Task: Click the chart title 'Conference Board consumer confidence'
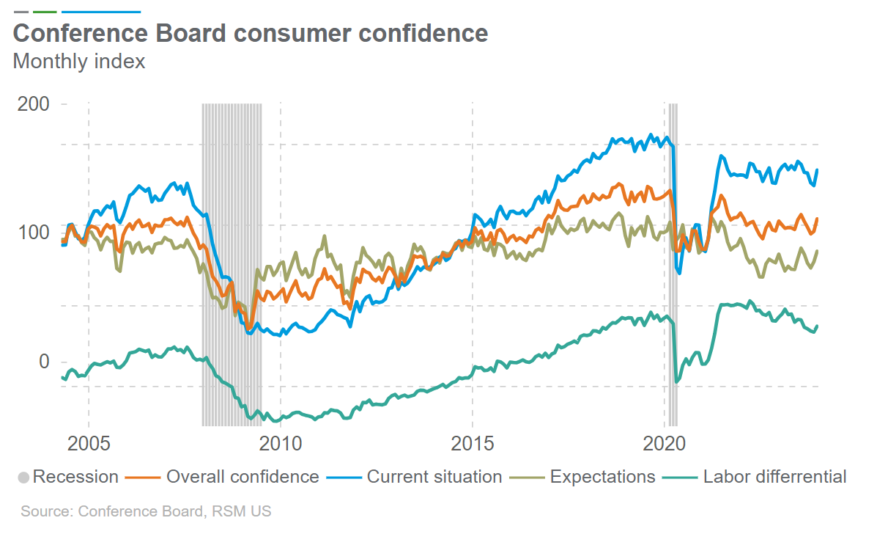click(250, 34)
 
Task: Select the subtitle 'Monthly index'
click(79, 62)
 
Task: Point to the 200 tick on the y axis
click(34, 104)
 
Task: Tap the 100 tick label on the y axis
click(34, 233)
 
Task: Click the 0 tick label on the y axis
click(44, 362)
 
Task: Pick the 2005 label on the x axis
click(89, 444)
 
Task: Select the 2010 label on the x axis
click(281, 444)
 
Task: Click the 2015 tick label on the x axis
click(473, 444)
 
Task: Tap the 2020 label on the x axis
click(665, 444)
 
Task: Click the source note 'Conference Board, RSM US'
click(146, 511)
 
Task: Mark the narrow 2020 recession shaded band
click(671, 264)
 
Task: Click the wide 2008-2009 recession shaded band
click(232, 264)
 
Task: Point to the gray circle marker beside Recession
click(23, 478)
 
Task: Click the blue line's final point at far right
click(817, 169)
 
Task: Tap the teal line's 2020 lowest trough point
click(676, 382)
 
